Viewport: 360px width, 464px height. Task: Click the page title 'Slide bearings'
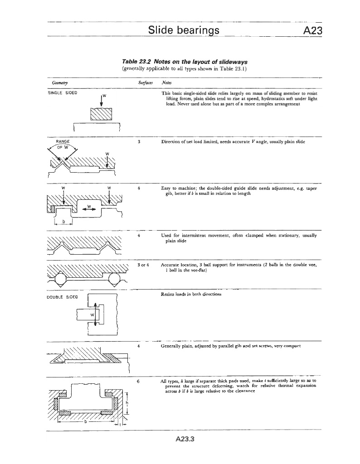pyautogui.click(x=184, y=30)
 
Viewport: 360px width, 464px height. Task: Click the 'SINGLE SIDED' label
pyautogui.click(x=62, y=92)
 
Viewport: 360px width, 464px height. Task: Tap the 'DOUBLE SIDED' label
pyautogui.click(x=63, y=297)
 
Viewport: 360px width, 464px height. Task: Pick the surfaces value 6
pyautogui.click(x=138, y=381)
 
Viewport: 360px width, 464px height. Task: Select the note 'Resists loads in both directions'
pyautogui.click(x=191, y=294)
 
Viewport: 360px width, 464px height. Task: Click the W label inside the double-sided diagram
pyautogui.click(x=92, y=314)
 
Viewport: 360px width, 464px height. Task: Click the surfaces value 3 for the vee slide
pyautogui.click(x=138, y=142)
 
